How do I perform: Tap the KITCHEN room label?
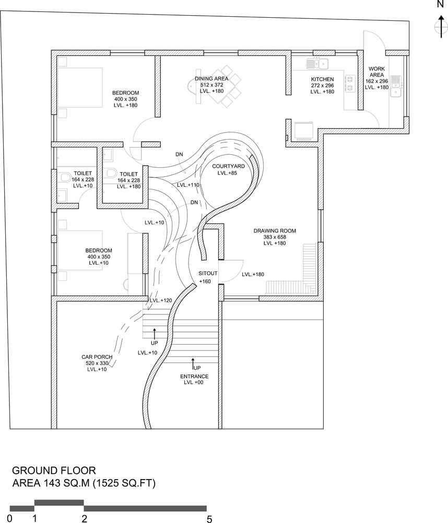(x=322, y=79)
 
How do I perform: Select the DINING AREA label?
(x=211, y=79)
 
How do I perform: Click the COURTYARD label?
(x=228, y=166)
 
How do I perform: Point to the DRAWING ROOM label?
(x=275, y=231)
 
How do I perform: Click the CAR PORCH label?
(x=97, y=357)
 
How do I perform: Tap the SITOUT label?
(x=208, y=273)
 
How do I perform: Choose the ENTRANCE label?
(x=194, y=376)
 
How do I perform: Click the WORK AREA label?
(x=376, y=72)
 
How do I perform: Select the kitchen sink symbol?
(x=317, y=64)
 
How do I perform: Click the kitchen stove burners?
(x=350, y=83)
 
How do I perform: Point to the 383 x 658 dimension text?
(x=275, y=237)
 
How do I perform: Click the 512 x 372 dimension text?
(x=211, y=85)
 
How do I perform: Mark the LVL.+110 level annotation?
(x=188, y=185)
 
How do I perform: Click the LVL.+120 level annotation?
(x=160, y=301)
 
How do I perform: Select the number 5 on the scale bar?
(x=209, y=519)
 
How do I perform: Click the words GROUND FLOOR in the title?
(x=54, y=470)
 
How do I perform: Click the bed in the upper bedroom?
(x=80, y=87)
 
